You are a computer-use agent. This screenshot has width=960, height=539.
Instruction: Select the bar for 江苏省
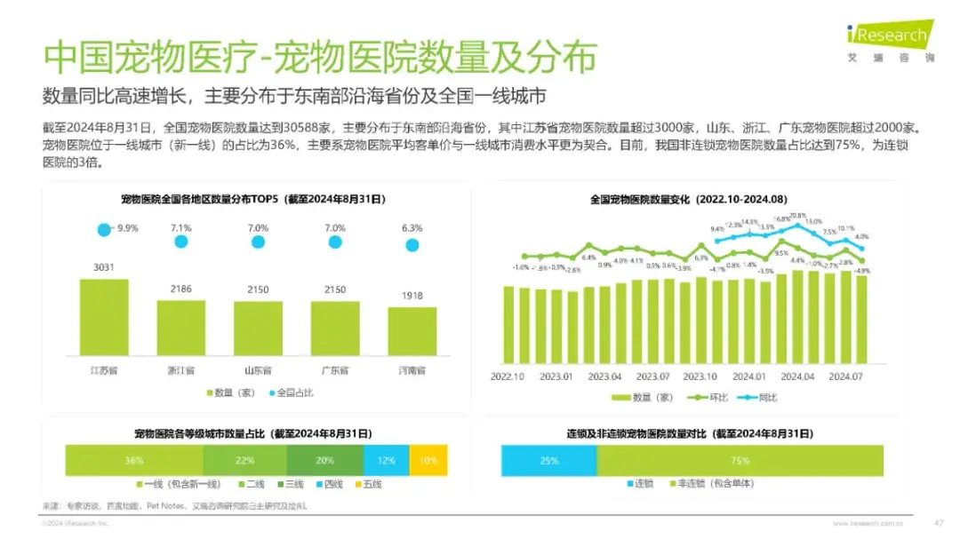(104, 317)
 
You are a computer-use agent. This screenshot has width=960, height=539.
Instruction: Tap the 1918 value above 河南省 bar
(412, 296)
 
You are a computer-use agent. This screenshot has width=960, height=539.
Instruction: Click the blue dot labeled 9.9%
(104, 229)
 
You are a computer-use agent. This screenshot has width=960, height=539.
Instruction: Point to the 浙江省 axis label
(181, 369)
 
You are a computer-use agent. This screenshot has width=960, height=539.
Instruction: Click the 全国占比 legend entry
(294, 392)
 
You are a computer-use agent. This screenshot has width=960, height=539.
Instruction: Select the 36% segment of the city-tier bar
(133, 461)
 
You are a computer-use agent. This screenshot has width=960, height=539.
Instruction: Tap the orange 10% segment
(429, 461)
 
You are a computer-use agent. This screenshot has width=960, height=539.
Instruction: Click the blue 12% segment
(386, 461)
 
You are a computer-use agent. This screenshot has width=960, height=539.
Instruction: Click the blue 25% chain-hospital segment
(548, 461)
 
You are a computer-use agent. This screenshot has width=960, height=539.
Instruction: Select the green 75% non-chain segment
(740, 461)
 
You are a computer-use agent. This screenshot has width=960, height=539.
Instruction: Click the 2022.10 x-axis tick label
(508, 376)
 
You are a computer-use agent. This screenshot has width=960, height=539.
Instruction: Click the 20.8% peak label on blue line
(797, 216)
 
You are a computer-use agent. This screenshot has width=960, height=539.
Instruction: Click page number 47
(938, 522)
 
